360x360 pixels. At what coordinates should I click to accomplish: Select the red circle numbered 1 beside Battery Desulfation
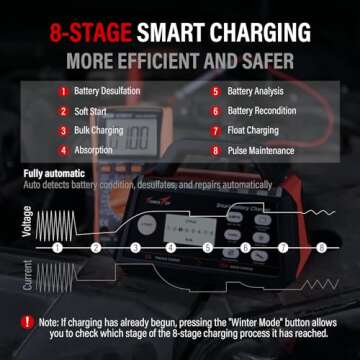click(x=60, y=92)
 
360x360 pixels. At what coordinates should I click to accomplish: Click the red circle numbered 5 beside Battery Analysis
click(x=217, y=92)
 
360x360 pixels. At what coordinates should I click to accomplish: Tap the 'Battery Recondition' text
click(x=265, y=112)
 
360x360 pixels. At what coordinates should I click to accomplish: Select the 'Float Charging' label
click(x=257, y=131)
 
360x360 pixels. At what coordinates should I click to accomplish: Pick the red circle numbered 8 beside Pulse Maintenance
click(x=217, y=151)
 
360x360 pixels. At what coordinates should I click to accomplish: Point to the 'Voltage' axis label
click(x=26, y=219)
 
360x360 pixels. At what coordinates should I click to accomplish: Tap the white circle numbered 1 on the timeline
click(x=58, y=246)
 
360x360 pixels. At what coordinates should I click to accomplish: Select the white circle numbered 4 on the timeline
click(x=171, y=246)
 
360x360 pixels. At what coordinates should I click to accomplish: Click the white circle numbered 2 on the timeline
click(x=96, y=246)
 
